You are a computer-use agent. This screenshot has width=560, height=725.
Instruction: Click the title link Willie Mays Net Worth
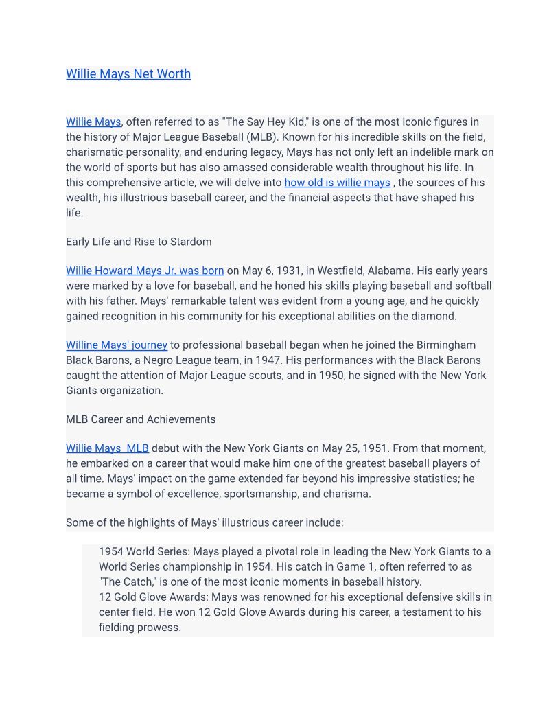tap(128, 74)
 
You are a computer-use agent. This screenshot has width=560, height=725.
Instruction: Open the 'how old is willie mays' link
tap(337, 183)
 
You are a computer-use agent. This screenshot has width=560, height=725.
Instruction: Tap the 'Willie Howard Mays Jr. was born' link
tap(145, 271)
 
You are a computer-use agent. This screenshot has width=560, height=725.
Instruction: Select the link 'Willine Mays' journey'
tap(117, 345)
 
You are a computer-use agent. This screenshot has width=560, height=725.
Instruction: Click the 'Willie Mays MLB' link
tap(107, 448)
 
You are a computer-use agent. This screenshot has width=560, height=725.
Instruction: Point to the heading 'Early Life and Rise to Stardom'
tap(139, 242)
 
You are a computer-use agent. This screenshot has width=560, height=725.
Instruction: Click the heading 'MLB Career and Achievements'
tap(141, 419)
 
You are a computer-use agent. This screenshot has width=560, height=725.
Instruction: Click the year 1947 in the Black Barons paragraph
tap(307, 360)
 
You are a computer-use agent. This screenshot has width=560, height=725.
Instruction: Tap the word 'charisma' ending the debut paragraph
tap(347, 494)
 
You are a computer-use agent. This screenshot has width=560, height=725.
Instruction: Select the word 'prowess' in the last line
tap(160, 627)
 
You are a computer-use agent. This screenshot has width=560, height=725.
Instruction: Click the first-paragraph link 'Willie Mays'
tap(93, 122)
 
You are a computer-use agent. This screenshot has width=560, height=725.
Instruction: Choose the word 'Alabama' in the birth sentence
tap(408, 271)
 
